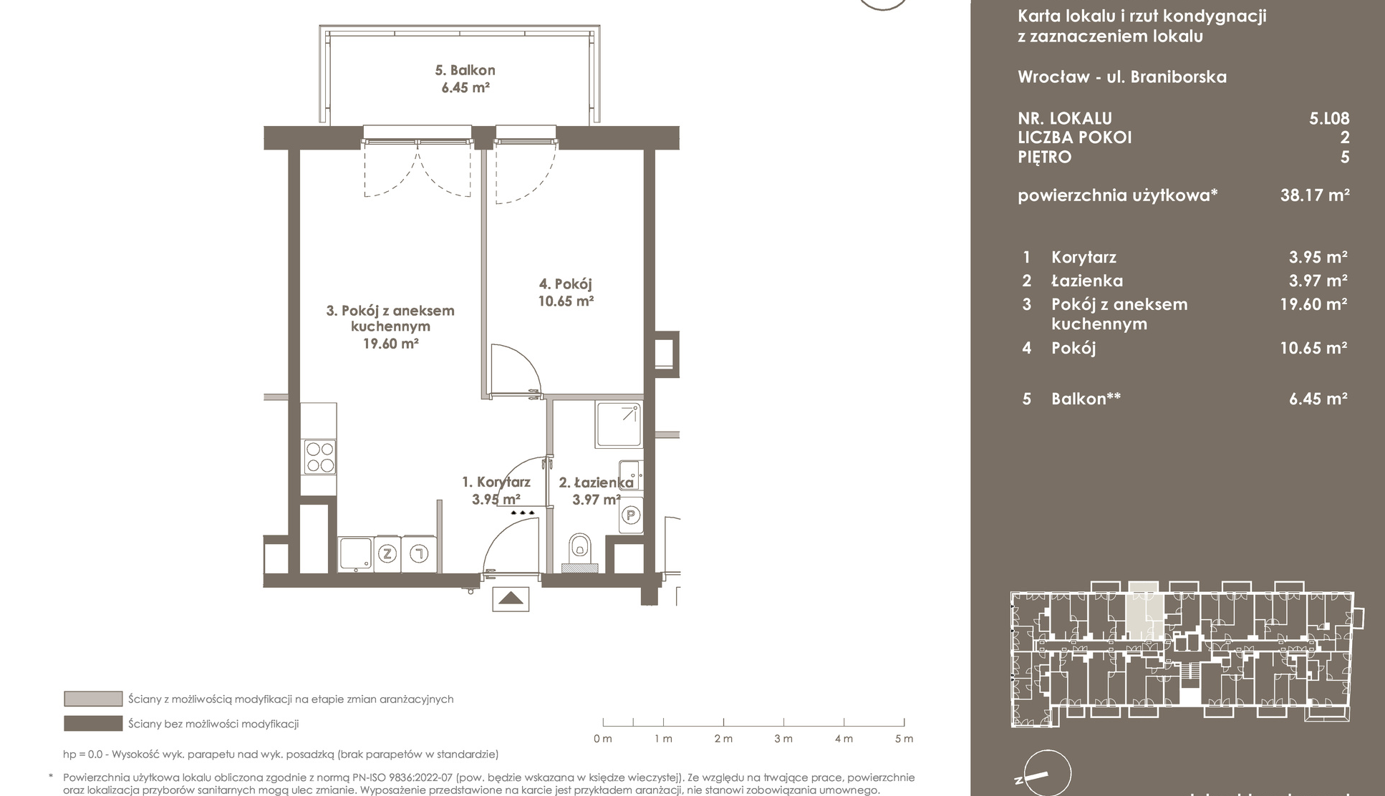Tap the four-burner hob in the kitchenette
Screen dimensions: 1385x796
[319, 457]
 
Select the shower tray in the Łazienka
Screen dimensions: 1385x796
[617, 424]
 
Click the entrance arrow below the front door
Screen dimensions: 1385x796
[511, 598]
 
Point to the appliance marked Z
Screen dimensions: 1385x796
[388, 553]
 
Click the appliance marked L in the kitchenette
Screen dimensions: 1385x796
[418, 553]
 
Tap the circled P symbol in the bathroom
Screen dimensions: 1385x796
[631, 515]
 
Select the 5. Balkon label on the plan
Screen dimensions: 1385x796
[465, 70]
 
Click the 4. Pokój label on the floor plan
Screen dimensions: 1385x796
[566, 284]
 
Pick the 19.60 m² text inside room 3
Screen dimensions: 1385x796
[390, 344]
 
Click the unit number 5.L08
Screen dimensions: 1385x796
[1329, 119]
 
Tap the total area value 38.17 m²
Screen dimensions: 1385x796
[1315, 195]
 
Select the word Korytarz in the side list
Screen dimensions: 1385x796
[1084, 258]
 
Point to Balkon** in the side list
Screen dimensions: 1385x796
[1086, 399]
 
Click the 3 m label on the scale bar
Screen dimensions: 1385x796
[783, 739]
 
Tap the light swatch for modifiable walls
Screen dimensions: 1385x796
[93, 699]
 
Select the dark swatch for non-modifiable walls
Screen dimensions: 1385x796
[93, 724]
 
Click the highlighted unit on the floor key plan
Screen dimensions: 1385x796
[1144, 611]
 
